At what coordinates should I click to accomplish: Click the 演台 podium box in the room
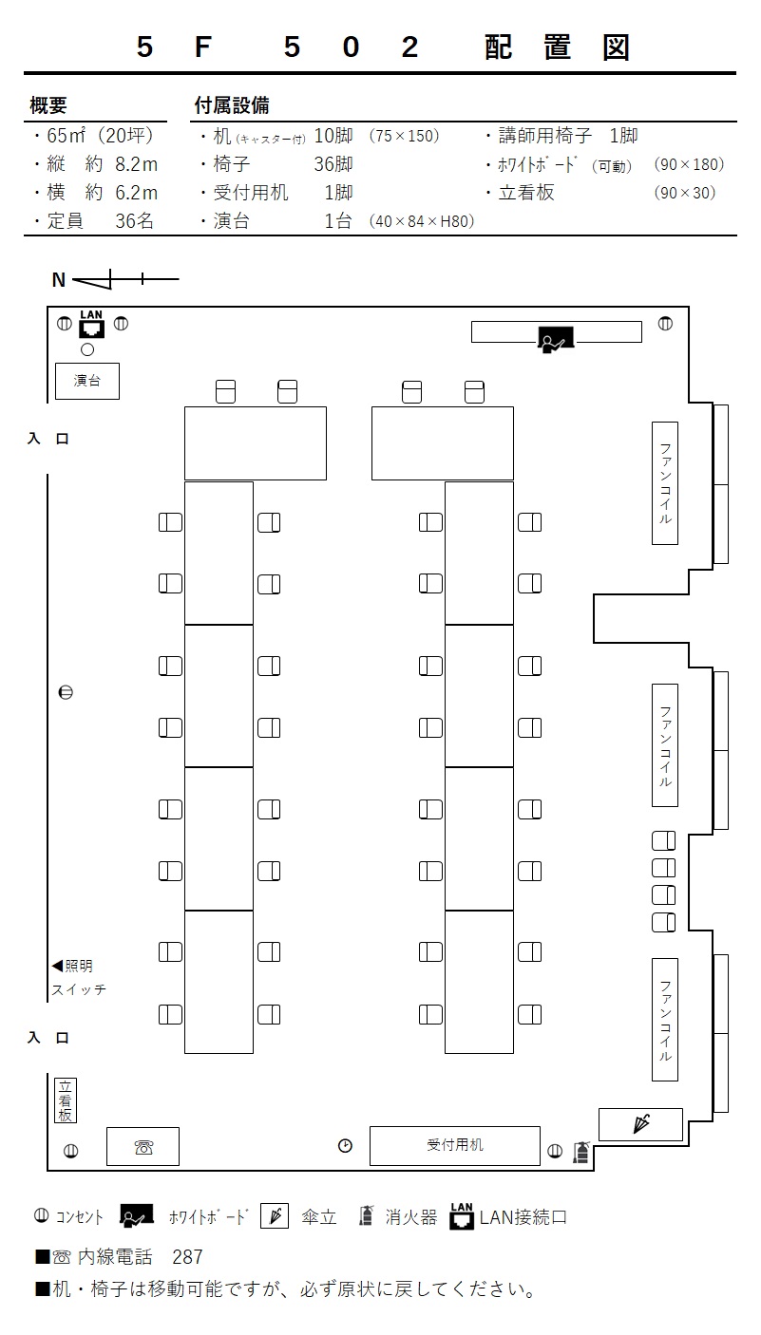(x=87, y=381)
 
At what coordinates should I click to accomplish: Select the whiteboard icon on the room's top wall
(x=556, y=339)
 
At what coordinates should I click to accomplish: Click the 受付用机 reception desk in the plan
(x=454, y=1145)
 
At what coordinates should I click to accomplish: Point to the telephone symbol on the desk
(x=143, y=1147)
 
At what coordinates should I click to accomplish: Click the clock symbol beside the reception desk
(x=345, y=1145)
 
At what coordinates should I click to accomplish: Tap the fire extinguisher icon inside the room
(x=581, y=1152)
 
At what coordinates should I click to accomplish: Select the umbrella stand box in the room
(x=640, y=1124)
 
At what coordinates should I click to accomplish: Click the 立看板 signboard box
(x=66, y=1100)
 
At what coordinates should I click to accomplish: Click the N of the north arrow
(x=59, y=279)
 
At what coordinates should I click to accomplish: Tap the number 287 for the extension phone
(x=187, y=1257)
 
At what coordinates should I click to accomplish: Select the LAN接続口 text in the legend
(x=523, y=1217)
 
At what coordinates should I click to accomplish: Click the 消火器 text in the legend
(x=411, y=1217)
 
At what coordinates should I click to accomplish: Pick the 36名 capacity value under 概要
(x=134, y=220)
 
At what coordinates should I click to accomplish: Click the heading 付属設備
(x=232, y=105)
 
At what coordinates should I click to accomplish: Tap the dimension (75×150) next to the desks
(x=404, y=136)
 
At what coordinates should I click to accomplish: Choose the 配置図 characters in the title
(x=557, y=47)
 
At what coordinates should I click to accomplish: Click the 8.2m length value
(x=137, y=164)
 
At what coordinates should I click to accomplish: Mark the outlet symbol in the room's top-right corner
(x=665, y=324)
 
